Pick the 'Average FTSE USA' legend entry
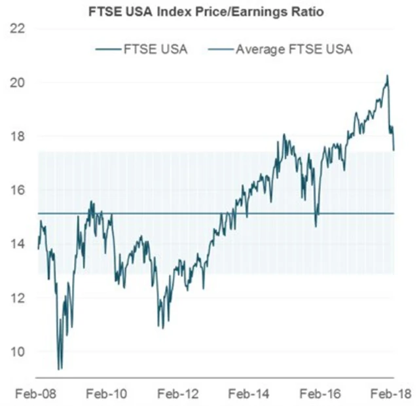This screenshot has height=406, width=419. pos(294,50)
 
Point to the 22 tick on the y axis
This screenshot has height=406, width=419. pos(18,29)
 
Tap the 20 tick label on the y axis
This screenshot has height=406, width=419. pos(18,83)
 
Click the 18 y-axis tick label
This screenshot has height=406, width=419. pos(18,136)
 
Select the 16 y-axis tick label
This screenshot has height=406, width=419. pos(18,190)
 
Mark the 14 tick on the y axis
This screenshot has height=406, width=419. pos(18,244)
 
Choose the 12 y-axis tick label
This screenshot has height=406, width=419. pos(18,297)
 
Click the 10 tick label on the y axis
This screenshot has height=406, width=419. pos(18,351)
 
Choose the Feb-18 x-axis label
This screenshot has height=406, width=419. pos(385,394)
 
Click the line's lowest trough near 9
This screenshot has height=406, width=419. pos(60,369)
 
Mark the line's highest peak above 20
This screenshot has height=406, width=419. pos(387,76)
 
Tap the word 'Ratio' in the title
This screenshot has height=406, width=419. pos(308,12)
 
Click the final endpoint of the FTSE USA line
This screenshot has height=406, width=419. pos(394,150)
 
